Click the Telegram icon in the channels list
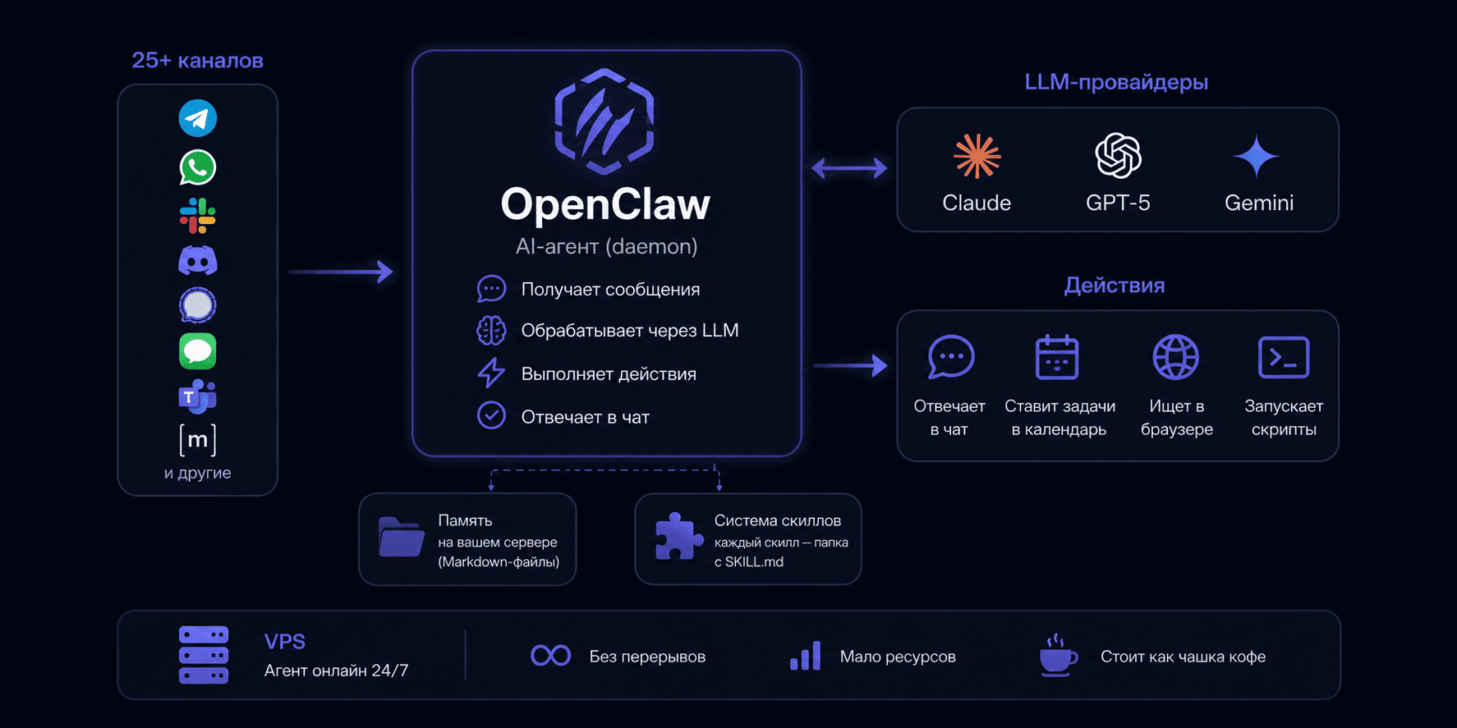[x=198, y=118]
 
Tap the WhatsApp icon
[x=198, y=167]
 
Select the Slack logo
[x=198, y=216]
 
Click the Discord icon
[x=198, y=261]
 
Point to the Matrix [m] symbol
[x=198, y=440]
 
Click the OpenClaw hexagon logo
[x=604, y=121]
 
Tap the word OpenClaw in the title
[x=605, y=204]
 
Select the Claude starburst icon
[x=977, y=156]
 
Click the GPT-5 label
[x=1118, y=203]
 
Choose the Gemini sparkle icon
[x=1257, y=156]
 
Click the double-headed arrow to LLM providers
[x=849, y=168]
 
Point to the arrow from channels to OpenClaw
[x=341, y=272]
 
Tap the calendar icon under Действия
[x=1057, y=357]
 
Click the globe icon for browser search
[x=1176, y=357]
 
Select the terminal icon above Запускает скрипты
[x=1284, y=357]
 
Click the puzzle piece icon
[x=679, y=537]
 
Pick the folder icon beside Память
[x=402, y=538]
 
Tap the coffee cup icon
[x=1059, y=655]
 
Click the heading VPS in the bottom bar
[x=285, y=642]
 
